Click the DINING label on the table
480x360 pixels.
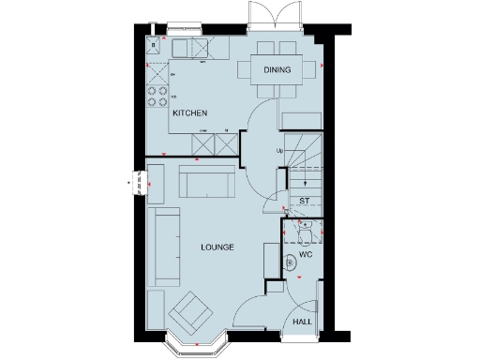277,70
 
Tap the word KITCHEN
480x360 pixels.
188,113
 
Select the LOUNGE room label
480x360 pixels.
217,247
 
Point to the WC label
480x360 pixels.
305,254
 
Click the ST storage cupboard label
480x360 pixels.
304,201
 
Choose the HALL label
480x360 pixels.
303,322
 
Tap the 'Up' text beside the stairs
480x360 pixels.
278,151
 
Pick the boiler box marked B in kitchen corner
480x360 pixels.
151,44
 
